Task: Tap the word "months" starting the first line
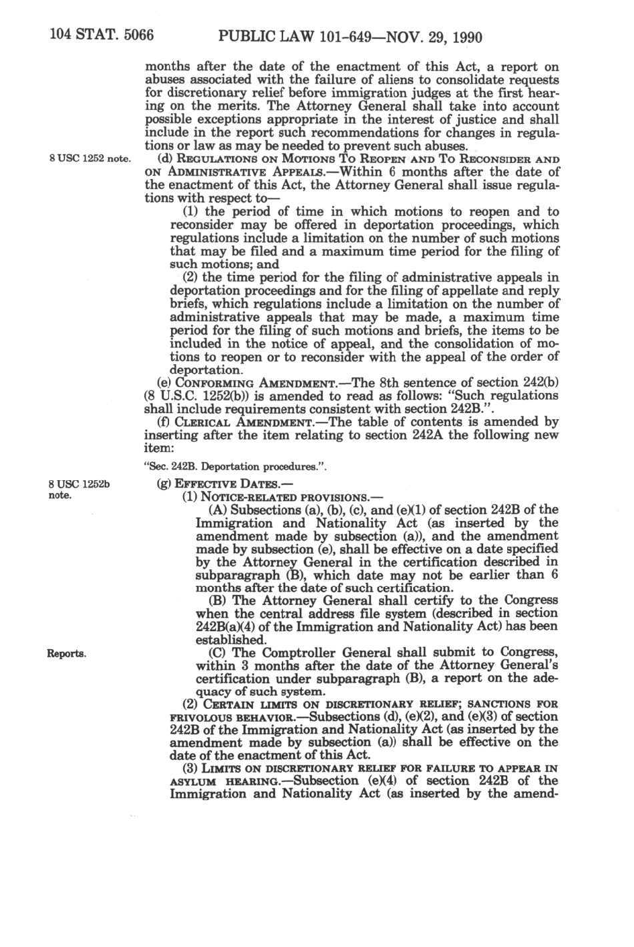[168, 68]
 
